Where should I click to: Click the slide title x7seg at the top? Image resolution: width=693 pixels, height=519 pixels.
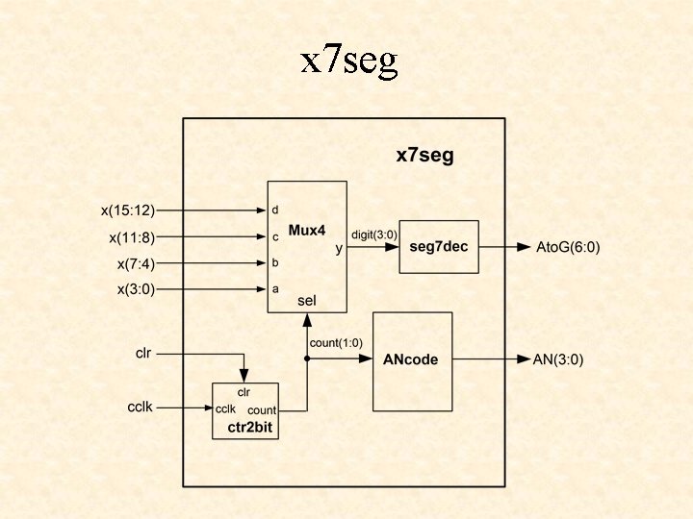[x=348, y=62]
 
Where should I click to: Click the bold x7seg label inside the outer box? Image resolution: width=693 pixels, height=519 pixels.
[x=424, y=155]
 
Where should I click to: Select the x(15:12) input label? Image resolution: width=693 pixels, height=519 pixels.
[x=128, y=210]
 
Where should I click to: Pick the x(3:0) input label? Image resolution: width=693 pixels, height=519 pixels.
[x=136, y=289]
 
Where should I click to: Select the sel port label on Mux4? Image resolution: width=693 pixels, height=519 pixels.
[x=307, y=301]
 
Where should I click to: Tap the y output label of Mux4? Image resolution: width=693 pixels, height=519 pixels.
[x=338, y=249]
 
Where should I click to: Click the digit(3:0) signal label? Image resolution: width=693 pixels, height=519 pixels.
[x=373, y=233]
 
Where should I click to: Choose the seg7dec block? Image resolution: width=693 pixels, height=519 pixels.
[x=438, y=247]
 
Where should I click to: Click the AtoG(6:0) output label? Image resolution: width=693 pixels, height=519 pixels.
[x=568, y=247]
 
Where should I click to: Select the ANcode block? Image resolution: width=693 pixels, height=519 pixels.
[x=412, y=359]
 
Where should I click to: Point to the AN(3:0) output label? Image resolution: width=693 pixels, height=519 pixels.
[x=558, y=359]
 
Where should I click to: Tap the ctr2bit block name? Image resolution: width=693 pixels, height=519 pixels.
[x=244, y=429]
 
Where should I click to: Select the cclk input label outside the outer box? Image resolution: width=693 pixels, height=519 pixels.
[x=141, y=408]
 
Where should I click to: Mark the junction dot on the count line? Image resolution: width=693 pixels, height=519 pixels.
[x=307, y=359]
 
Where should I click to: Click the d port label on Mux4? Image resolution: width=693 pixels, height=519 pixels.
[x=275, y=210]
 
